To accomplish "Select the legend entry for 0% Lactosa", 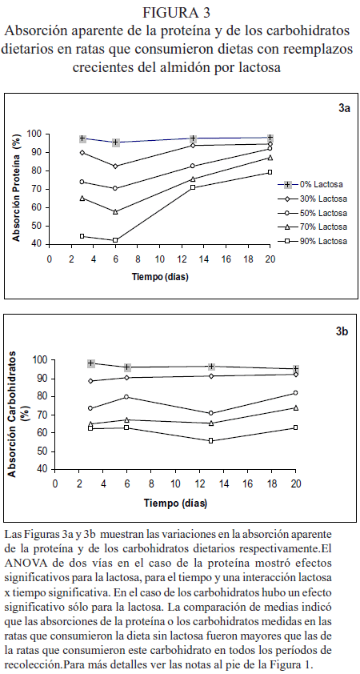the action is pos(312,185).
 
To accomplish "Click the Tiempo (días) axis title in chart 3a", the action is pos(160,277).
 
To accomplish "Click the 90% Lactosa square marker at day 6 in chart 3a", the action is pos(115,240).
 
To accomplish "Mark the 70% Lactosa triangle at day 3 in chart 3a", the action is pos(82,199).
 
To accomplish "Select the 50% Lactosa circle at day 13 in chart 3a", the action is pos(193,166).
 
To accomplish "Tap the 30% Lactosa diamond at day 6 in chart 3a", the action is pos(115,166).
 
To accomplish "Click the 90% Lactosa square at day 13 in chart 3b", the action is pos(211,440).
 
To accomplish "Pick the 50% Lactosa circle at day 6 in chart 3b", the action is pos(126,397).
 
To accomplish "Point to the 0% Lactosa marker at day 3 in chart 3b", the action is pos(90,363).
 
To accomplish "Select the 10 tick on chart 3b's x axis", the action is pos(175,483).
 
